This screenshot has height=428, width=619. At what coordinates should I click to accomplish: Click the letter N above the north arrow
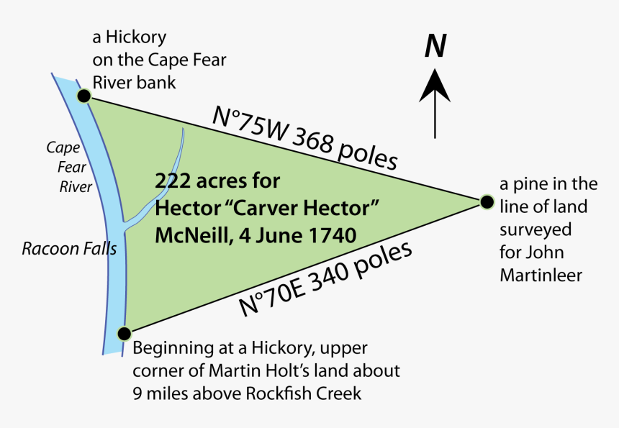435,46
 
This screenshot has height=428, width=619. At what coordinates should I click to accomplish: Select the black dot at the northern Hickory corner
84,96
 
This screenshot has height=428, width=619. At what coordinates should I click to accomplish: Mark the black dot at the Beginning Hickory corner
125,334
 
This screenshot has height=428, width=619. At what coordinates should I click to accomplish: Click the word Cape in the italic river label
62,147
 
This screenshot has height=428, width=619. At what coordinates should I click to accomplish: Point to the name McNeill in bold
186,235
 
